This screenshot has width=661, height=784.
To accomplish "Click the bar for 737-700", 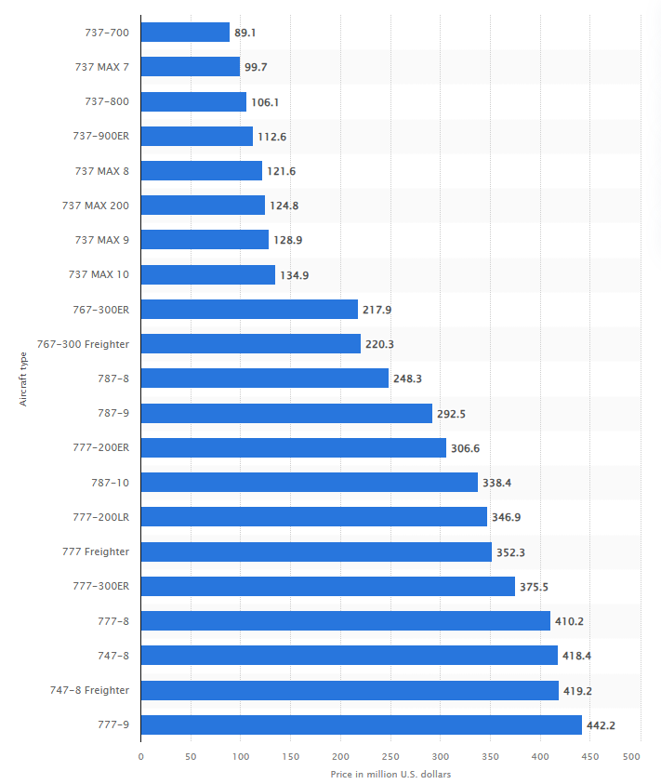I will coord(185,33).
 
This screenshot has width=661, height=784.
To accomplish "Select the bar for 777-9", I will coord(361,724).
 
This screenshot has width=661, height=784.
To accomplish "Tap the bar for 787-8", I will coord(264,379).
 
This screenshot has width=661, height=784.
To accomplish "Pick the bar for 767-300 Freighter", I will coord(250,344).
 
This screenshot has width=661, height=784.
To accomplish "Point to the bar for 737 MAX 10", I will coord(207,274).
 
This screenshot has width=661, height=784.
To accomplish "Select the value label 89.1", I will coord(245,33).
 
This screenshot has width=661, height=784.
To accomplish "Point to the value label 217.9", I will coord(377,310).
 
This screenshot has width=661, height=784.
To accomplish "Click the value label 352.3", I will coord(511,552).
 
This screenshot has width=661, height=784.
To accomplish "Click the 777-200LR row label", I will coord(100,517).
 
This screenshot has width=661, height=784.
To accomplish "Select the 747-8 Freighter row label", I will coord(89,690).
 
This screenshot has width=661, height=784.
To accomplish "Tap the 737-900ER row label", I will coord(100,137).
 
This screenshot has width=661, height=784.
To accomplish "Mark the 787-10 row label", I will coord(107,483).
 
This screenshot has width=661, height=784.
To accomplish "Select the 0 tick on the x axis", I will coord(141,756).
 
